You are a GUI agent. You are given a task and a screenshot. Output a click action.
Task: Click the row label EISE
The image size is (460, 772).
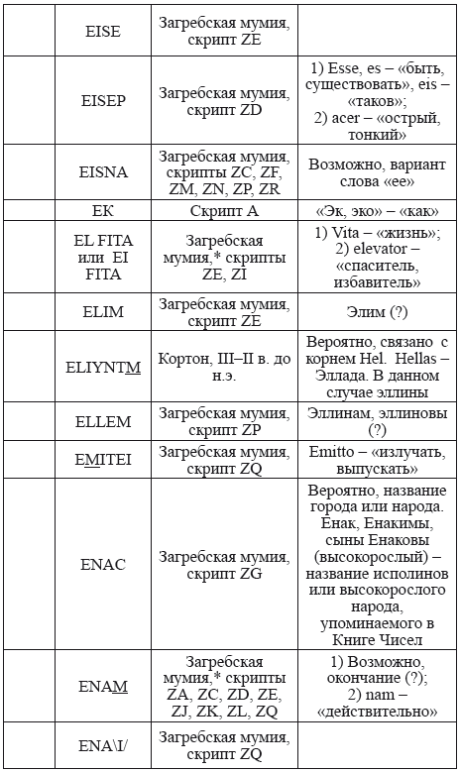point(103,33)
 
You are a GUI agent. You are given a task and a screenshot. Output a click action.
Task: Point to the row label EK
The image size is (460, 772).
point(103,210)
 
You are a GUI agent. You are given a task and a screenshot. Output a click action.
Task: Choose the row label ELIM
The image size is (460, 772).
point(103,310)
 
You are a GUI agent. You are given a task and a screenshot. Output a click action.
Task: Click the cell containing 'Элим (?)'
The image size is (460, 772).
point(376,310)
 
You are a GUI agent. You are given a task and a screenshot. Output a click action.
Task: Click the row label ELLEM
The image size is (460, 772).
point(103,421)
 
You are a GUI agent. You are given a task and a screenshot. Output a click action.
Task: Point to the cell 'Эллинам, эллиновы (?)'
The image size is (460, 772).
point(376,421)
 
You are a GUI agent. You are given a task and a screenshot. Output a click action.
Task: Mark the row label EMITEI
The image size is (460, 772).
point(103,459)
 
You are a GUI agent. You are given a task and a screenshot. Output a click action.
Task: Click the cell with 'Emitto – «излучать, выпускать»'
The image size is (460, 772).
point(376,459)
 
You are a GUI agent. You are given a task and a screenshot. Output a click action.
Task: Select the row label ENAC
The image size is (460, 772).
point(103,564)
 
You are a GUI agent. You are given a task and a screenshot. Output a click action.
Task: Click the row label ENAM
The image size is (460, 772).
point(103,687)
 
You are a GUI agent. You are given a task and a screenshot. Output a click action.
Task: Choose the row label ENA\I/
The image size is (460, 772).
point(103,746)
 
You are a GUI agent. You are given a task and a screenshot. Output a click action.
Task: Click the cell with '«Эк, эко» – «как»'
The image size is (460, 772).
point(376,210)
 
